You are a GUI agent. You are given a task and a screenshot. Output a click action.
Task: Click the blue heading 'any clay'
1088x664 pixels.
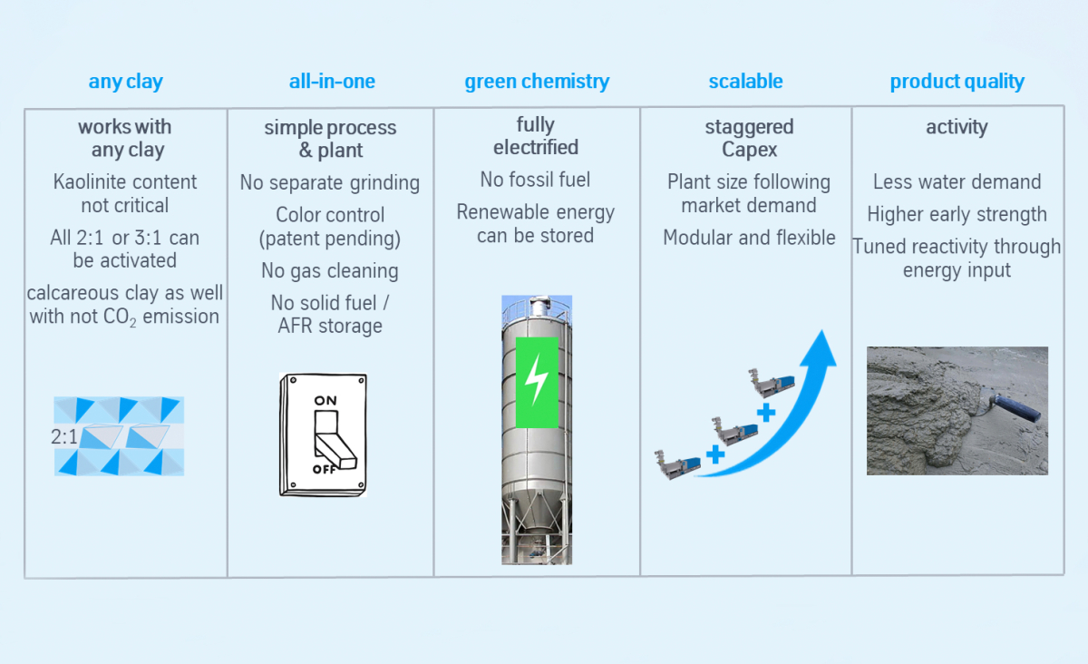tap(125, 82)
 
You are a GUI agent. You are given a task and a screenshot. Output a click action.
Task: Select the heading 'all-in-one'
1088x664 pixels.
tap(332, 81)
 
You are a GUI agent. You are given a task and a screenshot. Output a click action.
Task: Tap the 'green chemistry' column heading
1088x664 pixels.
tap(537, 82)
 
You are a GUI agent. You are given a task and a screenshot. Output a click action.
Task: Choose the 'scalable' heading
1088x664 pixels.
tap(745, 81)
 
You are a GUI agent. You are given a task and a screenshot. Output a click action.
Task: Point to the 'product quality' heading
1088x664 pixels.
tap(957, 82)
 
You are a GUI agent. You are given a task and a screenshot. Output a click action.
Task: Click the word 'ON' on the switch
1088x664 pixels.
tap(325, 401)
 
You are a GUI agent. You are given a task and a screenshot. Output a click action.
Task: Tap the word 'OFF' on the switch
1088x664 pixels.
tap(324, 470)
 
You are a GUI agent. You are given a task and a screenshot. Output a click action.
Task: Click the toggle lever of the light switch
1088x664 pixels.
tap(334, 440)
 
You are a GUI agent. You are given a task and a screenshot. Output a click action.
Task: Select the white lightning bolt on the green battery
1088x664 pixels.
tap(536, 379)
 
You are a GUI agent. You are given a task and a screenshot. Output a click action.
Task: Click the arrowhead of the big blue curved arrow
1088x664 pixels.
tap(820, 349)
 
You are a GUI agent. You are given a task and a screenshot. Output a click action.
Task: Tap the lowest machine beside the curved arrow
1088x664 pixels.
tap(677, 464)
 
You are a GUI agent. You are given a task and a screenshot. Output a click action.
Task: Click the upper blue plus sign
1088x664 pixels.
tap(766, 413)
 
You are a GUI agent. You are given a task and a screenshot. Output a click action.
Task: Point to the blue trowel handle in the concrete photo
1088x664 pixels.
tap(1015, 408)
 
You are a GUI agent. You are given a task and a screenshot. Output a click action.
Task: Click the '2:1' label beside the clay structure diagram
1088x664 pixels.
tap(64, 437)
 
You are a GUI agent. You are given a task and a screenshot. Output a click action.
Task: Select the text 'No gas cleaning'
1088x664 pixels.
tap(330, 270)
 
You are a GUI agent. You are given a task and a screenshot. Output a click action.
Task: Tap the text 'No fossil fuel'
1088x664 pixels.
tap(535, 180)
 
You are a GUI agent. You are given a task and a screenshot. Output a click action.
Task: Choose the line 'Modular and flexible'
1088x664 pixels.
tap(749, 238)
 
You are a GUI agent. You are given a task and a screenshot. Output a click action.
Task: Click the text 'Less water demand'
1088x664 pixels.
tap(957, 181)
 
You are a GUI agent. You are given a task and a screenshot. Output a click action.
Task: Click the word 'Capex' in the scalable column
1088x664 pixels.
tap(749, 150)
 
